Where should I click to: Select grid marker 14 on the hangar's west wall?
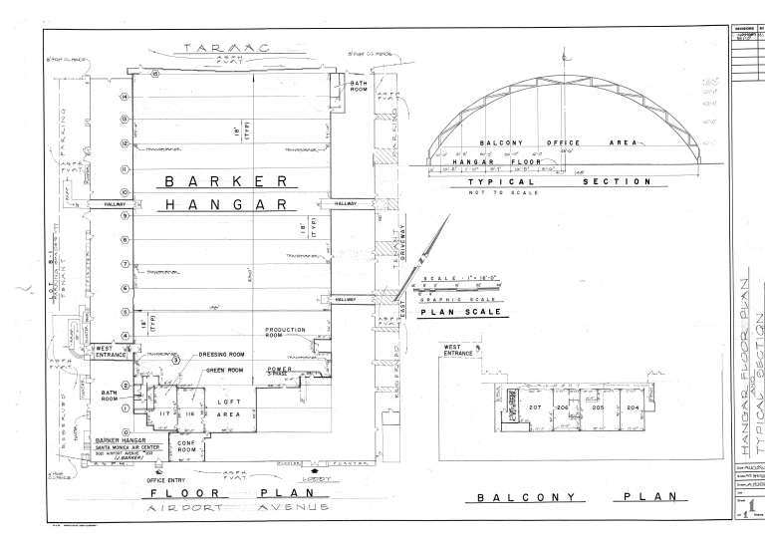[125, 97]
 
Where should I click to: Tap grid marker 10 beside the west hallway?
[125, 192]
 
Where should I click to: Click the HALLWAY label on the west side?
[105, 204]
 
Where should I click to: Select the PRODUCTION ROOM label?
[285, 334]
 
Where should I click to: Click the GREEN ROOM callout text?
[225, 370]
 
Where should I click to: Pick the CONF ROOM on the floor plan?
[186, 445]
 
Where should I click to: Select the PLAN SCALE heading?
[460, 311]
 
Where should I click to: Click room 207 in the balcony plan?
[535, 408]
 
